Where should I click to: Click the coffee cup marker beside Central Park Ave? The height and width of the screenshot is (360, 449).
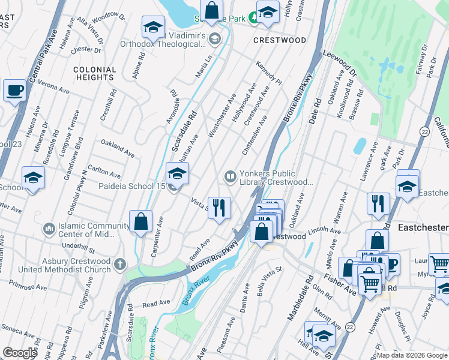pos(14,91)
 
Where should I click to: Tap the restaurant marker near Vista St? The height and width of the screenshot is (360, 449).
pos(219,208)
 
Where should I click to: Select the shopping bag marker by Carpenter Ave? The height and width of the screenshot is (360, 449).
pos(140,221)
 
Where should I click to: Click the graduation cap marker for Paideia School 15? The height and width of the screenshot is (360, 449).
pos(177,174)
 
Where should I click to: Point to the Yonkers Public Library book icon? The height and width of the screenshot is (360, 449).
pos(230,176)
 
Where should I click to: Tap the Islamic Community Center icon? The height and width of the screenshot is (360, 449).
pos(49,229)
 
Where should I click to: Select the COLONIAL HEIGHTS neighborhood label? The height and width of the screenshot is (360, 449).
pos(94,74)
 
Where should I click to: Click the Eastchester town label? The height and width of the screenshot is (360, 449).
pos(423,228)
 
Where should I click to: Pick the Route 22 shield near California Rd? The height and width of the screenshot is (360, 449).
pos(425,131)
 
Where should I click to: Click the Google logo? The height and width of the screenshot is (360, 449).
pos(20,353)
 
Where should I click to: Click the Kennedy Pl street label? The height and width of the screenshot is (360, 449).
pos(268,72)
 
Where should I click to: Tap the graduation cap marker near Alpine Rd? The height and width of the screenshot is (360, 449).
pos(154,28)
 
